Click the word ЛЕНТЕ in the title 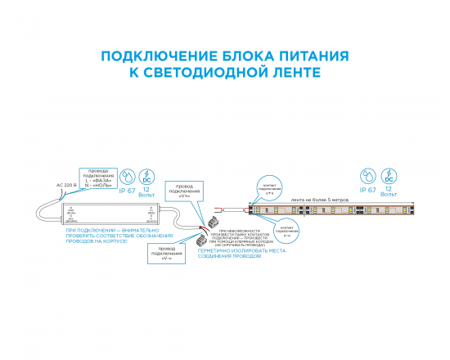tap(290, 73)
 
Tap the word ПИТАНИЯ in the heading tap(310, 56)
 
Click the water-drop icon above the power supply tap(127, 176)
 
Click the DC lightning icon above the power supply tap(146, 176)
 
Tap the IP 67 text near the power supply tap(127, 191)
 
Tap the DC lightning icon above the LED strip tap(389, 176)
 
